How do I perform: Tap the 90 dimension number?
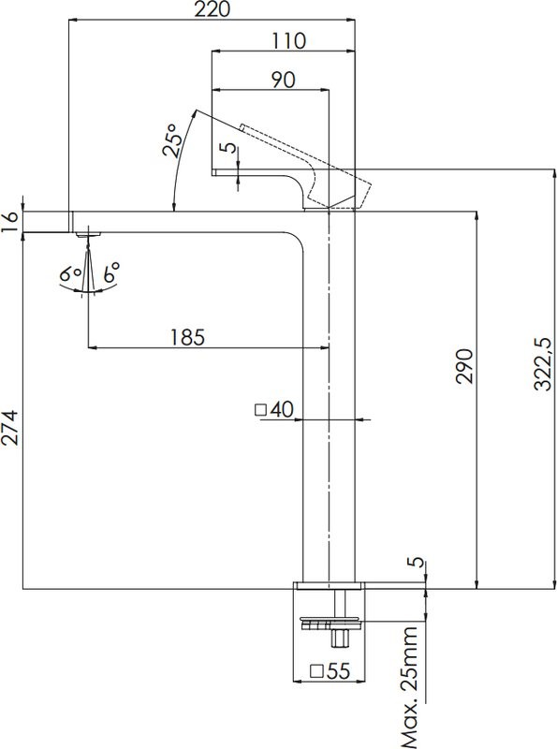[x=284, y=80]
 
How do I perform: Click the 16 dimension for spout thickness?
[x=10, y=221]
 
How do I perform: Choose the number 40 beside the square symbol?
[x=283, y=409]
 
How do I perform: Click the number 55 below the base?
[x=335, y=670]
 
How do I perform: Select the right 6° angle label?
[x=111, y=274]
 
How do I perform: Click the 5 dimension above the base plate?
[x=415, y=564]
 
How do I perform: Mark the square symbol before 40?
[x=261, y=409]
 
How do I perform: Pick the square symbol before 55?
[x=315, y=670]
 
